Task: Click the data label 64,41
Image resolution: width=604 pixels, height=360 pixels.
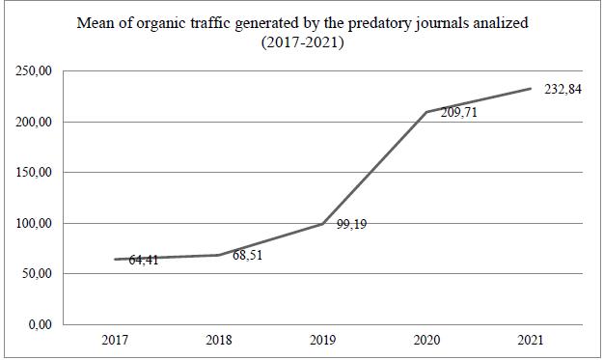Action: [x=144, y=260]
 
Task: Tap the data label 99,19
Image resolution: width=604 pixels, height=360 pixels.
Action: [x=352, y=225]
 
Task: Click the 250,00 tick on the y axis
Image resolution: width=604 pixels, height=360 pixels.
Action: [x=37, y=72]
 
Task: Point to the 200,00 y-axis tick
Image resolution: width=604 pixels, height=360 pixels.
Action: [x=37, y=123]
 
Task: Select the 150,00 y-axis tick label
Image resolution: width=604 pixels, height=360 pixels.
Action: [x=37, y=173]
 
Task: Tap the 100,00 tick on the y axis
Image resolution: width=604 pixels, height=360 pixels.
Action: [x=37, y=223]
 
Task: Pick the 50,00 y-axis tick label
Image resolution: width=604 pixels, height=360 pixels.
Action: [x=40, y=273]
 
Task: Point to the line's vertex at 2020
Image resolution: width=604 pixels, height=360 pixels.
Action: [x=426, y=112]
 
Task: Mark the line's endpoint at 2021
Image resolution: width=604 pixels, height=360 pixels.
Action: [x=531, y=89]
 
